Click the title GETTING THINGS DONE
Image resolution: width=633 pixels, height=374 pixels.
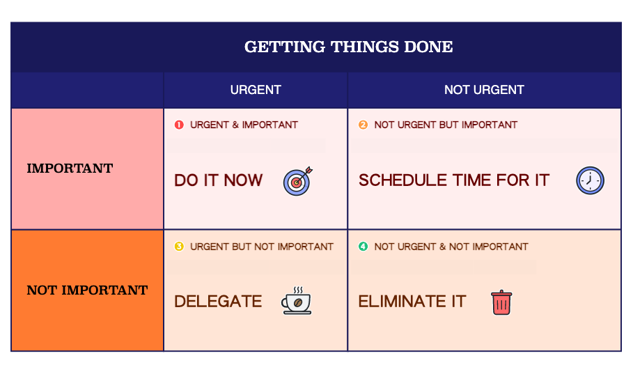pos(348,47)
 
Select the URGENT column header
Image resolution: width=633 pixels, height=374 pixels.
pos(256,90)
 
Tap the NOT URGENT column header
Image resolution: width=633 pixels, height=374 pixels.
pos(484,90)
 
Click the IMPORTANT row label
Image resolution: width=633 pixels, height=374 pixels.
pos(70,168)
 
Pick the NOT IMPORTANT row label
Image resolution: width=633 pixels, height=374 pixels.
pos(87,290)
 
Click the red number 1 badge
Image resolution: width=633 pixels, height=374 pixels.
pos(179,125)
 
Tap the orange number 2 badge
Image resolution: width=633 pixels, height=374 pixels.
pos(363,125)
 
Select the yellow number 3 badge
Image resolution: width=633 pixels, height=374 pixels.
pos(179,247)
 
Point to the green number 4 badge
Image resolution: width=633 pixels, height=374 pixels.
pos(363,247)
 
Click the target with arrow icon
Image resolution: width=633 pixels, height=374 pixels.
pos(298,181)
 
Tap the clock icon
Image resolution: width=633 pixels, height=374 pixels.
pos(590,180)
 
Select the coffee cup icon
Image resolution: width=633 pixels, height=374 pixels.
pos(297,300)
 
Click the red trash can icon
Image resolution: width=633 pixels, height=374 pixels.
pos(501,302)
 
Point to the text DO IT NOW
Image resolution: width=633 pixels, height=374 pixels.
pos(219,180)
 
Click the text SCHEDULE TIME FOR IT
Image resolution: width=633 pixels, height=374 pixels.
pos(454,180)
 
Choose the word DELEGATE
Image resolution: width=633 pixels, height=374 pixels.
pos(218,302)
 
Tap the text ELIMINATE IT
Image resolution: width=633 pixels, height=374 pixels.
pos(412,302)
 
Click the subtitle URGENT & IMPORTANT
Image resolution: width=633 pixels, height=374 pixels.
pos(244,125)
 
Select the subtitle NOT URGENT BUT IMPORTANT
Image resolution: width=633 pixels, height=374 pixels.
pos(446,125)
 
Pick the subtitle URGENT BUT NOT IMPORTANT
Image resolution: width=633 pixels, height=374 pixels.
pos(262,247)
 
